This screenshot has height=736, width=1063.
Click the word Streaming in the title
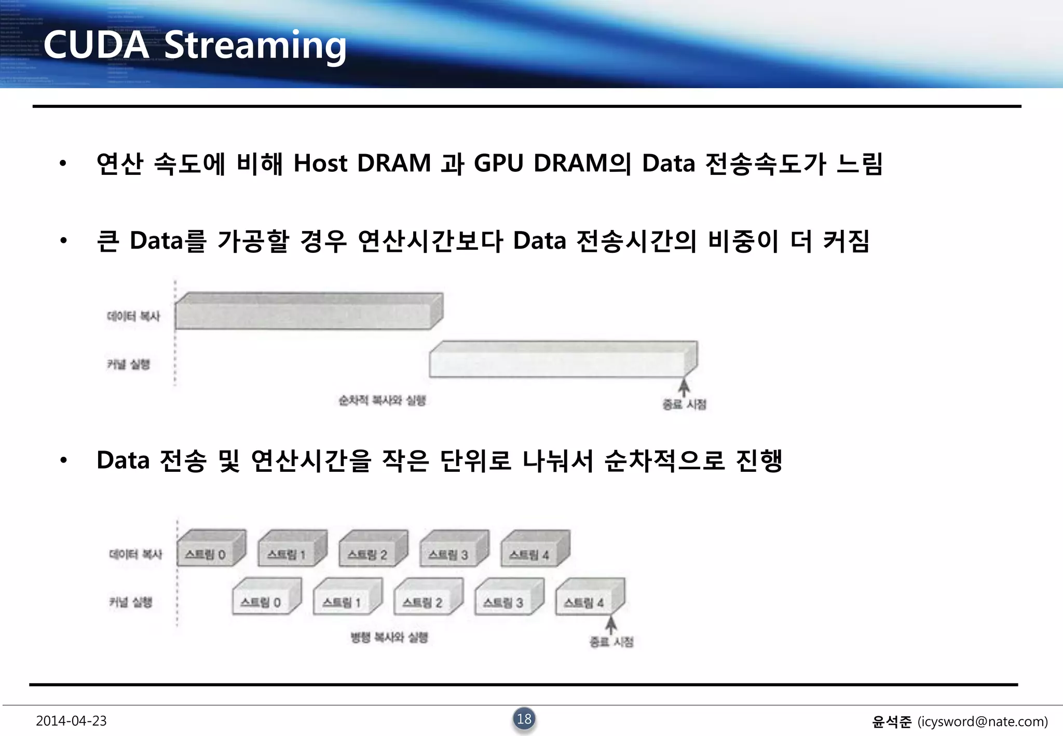click(255, 46)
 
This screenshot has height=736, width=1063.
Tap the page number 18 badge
click(524, 719)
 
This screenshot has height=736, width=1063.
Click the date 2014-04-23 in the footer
click(71, 721)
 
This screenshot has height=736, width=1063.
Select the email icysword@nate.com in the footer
click(982, 721)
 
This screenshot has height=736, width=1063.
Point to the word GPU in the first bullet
click(498, 163)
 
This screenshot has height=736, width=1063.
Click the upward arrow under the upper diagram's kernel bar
click(685, 387)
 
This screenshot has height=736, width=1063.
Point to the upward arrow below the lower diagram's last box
click(611, 624)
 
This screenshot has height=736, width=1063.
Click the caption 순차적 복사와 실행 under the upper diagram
click(382, 400)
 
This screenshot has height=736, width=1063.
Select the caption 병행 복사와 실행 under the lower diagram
click(389, 637)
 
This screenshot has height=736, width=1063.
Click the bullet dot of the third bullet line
click(63, 460)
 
